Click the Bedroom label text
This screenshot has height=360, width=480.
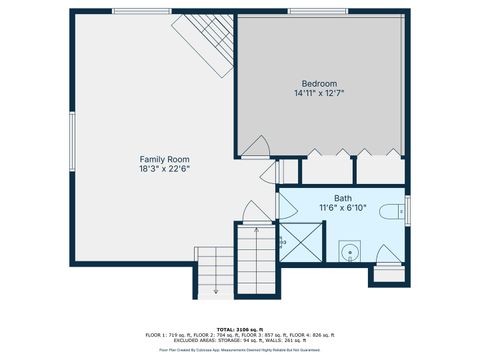click(x=319, y=83)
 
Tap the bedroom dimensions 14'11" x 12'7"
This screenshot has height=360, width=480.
click(x=319, y=93)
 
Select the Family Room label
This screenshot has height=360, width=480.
click(x=164, y=159)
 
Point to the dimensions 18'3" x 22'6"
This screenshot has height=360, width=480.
click(x=164, y=169)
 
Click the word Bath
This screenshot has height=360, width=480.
click(x=343, y=198)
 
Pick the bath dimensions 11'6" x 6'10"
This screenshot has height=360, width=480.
click(x=343, y=208)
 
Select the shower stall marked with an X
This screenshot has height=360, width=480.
click(x=299, y=243)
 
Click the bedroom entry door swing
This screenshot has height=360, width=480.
click(x=255, y=146)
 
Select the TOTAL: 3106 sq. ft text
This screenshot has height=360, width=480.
click(x=240, y=328)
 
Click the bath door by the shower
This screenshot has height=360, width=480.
click(x=284, y=208)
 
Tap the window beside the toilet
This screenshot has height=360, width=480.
click(x=408, y=209)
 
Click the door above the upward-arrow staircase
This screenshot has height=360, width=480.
click(x=256, y=213)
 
